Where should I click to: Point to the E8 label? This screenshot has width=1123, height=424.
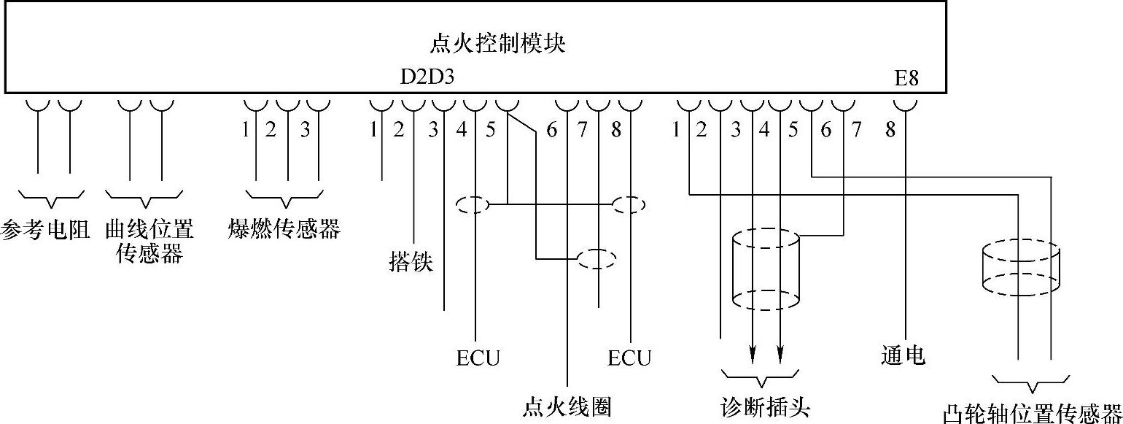[x=906, y=78]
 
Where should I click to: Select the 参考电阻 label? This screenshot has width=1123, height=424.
[x=45, y=230]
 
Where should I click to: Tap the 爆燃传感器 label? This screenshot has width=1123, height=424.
[x=284, y=229]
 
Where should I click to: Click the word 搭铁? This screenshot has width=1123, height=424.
[x=411, y=261]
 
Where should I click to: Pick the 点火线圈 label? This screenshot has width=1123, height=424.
[x=567, y=406]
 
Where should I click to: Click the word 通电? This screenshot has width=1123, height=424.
[x=903, y=355]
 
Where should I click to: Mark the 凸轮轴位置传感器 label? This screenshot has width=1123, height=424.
[x=1032, y=413]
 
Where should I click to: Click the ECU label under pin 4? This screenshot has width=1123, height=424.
[x=478, y=358]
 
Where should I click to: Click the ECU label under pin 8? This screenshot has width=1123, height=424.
[x=629, y=358]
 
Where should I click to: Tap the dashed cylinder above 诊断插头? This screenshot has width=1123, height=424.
[x=766, y=269]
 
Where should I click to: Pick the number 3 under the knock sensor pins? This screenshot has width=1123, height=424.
[x=305, y=131]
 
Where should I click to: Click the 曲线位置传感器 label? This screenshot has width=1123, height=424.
[x=149, y=242]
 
